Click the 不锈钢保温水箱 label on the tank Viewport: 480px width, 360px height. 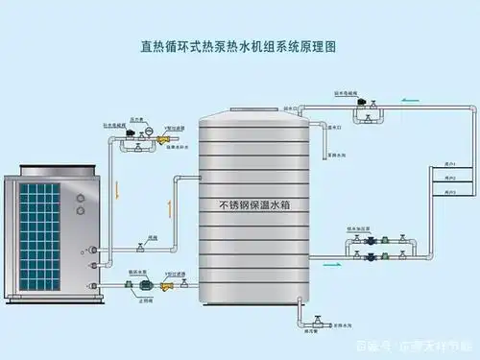pos(256,205)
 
